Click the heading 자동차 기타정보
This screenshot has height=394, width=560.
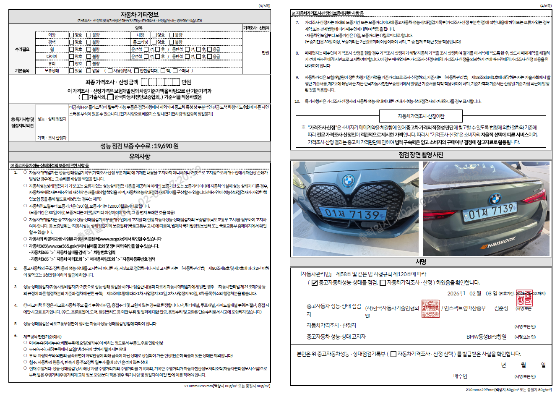[139, 15]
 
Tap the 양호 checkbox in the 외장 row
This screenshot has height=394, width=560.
[71, 35]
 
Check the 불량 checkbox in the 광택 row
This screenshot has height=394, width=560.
[89, 42]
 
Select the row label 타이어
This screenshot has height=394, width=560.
[52, 57]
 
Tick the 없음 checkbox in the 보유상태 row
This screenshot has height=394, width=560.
[89, 71]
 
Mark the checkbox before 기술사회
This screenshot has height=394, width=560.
[85, 97]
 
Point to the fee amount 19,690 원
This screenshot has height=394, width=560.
[166, 146]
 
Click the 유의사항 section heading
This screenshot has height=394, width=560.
[139, 157]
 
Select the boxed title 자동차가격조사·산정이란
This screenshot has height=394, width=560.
[421, 116]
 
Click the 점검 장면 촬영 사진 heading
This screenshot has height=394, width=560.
[421, 155]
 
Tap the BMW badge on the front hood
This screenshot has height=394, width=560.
[348, 181]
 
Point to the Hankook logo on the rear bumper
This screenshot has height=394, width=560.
[498, 243]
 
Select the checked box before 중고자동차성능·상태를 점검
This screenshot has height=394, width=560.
[315, 283]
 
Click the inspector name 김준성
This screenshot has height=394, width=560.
[501, 308]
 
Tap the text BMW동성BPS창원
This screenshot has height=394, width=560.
[486, 337]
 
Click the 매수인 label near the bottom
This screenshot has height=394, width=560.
[460, 376]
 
